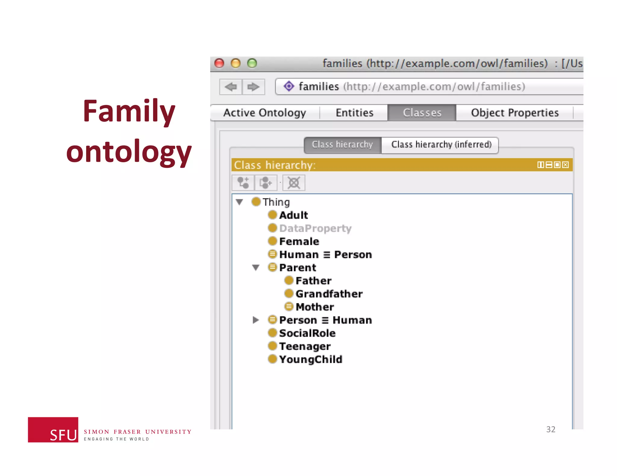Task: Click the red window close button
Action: click(x=219, y=63)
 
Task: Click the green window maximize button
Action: click(x=252, y=63)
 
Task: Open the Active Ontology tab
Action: click(x=265, y=113)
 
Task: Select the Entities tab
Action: click(x=354, y=113)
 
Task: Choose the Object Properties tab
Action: click(x=515, y=113)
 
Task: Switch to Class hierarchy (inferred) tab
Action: click(x=441, y=145)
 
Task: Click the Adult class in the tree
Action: click(x=293, y=215)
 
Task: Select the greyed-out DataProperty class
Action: click(x=315, y=228)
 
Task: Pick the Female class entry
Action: click(x=299, y=241)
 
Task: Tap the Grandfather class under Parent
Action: click(x=329, y=294)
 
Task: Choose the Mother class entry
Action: click(x=315, y=307)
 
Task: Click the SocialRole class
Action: click(x=307, y=333)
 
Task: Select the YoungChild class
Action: click(x=310, y=359)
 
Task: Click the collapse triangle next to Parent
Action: click(x=256, y=267)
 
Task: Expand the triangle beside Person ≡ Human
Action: click(x=256, y=320)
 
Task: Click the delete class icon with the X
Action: click(x=294, y=183)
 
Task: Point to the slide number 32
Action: click(x=551, y=429)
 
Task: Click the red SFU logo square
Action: click(x=53, y=429)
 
